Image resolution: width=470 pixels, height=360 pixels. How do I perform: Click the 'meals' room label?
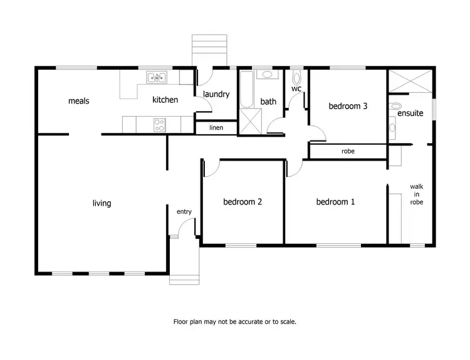(x=78, y=100)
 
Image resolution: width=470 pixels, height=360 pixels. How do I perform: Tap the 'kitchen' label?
(x=165, y=100)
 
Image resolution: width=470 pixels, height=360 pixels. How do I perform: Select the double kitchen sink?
(x=157, y=78)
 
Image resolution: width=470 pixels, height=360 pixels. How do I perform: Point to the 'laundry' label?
(x=216, y=95)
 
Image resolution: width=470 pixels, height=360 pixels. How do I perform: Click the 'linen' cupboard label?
(x=216, y=128)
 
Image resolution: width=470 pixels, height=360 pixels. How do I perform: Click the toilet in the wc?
(x=297, y=78)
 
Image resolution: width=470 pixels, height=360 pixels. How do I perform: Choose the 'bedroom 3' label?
(x=348, y=106)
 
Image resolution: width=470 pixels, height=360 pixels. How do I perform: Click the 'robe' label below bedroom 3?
(x=348, y=151)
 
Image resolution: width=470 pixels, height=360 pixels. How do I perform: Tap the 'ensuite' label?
(x=410, y=114)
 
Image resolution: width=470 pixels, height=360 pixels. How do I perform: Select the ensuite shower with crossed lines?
(x=410, y=80)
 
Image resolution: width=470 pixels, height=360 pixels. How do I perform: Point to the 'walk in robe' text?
(x=417, y=194)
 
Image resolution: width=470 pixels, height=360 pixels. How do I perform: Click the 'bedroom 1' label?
(x=335, y=202)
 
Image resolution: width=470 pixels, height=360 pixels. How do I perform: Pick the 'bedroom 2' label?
(x=243, y=202)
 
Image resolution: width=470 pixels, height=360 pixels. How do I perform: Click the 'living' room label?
(x=102, y=203)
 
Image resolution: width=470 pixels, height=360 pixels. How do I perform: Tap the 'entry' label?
(x=184, y=212)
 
